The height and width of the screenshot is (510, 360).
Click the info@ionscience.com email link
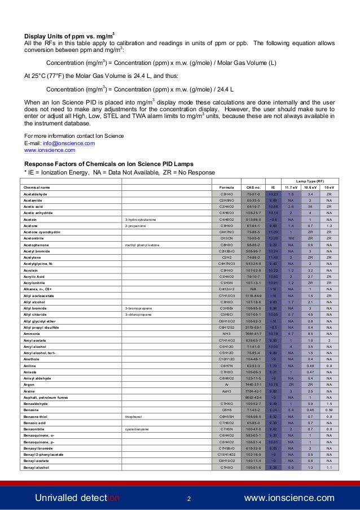point(63,143)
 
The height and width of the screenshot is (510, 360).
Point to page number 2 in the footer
point(189,498)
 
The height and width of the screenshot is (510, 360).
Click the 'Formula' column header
point(226,187)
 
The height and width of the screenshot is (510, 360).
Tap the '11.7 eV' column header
point(291,187)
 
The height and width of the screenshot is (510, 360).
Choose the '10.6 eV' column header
point(310,187)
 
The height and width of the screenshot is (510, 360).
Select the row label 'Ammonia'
point(32,333)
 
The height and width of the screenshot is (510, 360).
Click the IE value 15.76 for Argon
point(273,385)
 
